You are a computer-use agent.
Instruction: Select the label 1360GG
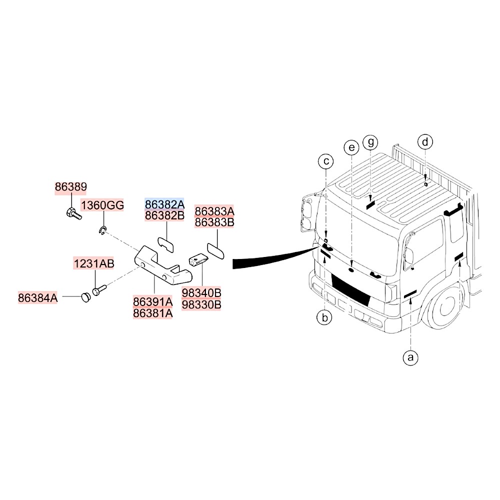[102, 205]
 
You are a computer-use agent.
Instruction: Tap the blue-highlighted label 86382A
[164, 204]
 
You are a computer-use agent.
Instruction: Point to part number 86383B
[214, 222]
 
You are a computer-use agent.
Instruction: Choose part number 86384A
[38, 297]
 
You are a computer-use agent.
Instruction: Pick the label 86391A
[152, 301]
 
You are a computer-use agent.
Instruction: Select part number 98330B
[201, 303]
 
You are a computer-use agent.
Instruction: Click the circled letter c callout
[326, 161]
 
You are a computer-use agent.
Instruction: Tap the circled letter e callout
[351, 147]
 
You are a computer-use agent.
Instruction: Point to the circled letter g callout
[370, 142]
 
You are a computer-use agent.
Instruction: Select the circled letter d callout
[425, 142]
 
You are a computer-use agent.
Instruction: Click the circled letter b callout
[324, 317]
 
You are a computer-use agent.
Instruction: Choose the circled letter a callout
[410, 357]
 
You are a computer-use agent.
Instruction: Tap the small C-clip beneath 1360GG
[102, 230]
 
